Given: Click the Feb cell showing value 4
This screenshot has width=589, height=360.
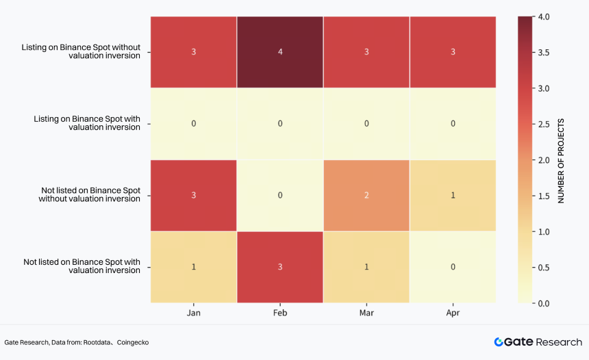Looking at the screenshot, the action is coord(280,52).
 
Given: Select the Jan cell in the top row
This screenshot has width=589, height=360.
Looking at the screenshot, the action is coord(193,52).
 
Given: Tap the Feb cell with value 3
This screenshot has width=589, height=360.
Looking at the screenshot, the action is coord(280,267).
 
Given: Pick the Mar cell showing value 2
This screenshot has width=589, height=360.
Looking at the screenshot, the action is coord(366,195).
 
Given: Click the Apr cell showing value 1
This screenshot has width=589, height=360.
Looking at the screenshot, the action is coord(453,195).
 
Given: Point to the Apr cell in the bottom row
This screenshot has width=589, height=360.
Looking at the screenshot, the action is coord(453,267).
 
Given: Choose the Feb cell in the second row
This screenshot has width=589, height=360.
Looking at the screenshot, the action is coord(280,123).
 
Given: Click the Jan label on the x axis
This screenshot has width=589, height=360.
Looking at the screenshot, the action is coord(193,313).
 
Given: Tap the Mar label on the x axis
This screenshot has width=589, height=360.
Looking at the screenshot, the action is coord(366,313).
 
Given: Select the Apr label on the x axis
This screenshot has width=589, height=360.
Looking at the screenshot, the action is coord(453,313).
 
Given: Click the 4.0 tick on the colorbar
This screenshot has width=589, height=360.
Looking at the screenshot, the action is coord(544,17).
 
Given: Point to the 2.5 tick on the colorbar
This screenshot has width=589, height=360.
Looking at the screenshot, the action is coord(544,125).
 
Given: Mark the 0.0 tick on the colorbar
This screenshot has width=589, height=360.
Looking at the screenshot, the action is coord(544,303).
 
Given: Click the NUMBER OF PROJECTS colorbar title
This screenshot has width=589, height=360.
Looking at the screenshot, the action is coord(561,161).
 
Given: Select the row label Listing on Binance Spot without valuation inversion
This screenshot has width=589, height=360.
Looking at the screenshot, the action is coord(81,51).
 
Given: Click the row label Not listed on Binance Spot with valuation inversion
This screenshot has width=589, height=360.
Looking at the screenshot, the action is coord(82,266).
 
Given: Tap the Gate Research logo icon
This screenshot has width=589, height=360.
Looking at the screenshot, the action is coord(499,342).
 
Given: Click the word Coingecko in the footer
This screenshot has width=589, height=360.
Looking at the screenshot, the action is coord(133,342).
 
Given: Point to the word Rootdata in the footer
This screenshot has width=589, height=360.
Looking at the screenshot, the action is coord(97,342).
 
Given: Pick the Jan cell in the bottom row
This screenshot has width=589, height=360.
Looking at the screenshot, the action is coord(193,267).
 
